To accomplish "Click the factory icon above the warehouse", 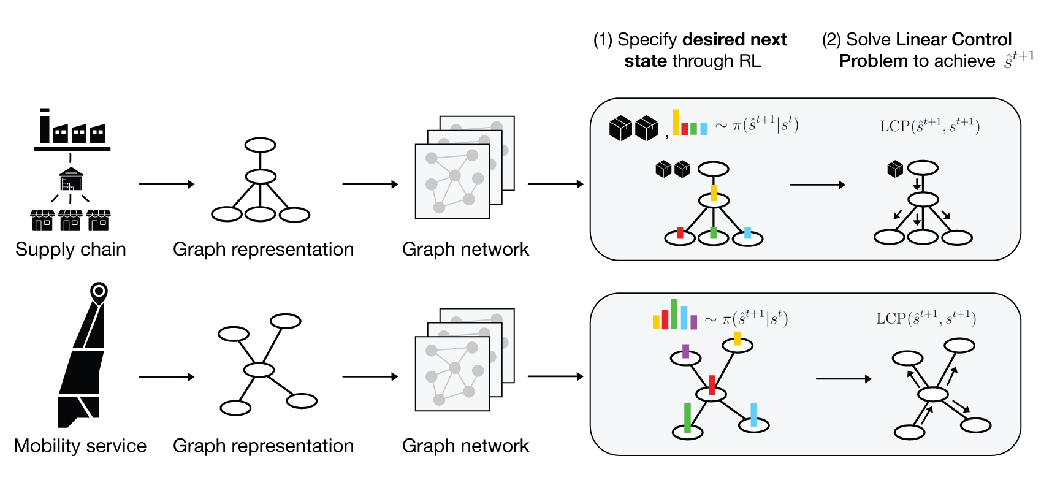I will point(72,130).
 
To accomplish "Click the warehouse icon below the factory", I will point(71,179).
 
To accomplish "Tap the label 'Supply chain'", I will point(71,250).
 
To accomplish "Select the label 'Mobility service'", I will point(80,446).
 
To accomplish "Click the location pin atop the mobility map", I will point(99,292).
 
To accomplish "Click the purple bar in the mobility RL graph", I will point(685,351).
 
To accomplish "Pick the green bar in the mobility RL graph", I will point(687,418).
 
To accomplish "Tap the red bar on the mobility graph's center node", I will point(712,385).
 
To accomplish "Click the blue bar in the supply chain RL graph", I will point(747,232).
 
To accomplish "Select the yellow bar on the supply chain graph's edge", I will point(714,192).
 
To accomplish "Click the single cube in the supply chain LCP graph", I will point(895,169).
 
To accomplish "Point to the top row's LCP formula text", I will point(929,126).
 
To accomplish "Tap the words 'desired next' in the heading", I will point(734,39).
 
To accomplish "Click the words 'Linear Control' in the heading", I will point(953,39).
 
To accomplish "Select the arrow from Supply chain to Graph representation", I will point(166,184).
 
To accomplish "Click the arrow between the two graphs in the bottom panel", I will point(843,379).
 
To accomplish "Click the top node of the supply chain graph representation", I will point(260,145).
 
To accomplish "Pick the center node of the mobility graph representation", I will point(259,370).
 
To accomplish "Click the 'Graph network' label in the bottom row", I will point(465,446).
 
